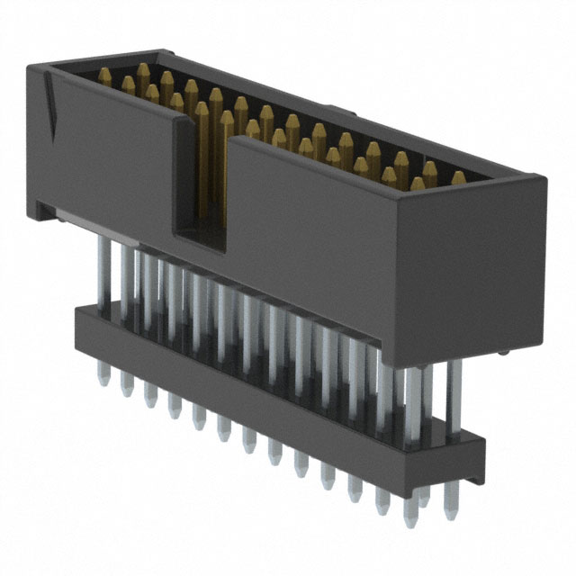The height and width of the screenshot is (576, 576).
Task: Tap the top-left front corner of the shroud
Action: click(28, 67)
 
